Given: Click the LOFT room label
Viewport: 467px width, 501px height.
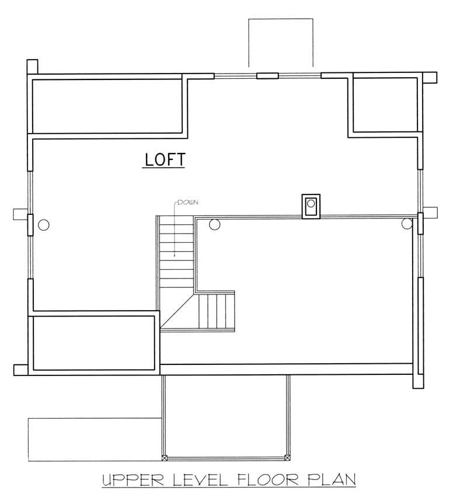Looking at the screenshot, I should [x=164, y=159].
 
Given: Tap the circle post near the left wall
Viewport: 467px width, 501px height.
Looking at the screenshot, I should [x=43, y=224].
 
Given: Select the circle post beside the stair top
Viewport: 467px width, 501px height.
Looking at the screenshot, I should [x=214, y=223].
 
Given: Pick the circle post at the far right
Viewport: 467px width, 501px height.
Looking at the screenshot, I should [x=407, y=223].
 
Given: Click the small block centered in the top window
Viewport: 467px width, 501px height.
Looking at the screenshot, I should [x=268, y=75].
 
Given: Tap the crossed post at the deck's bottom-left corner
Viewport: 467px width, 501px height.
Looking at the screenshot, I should [x=165, y=457].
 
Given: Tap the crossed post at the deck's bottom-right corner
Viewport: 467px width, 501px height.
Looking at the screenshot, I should [x=287, y=457].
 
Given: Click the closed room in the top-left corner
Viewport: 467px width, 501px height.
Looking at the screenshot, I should [x=107, y=106].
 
